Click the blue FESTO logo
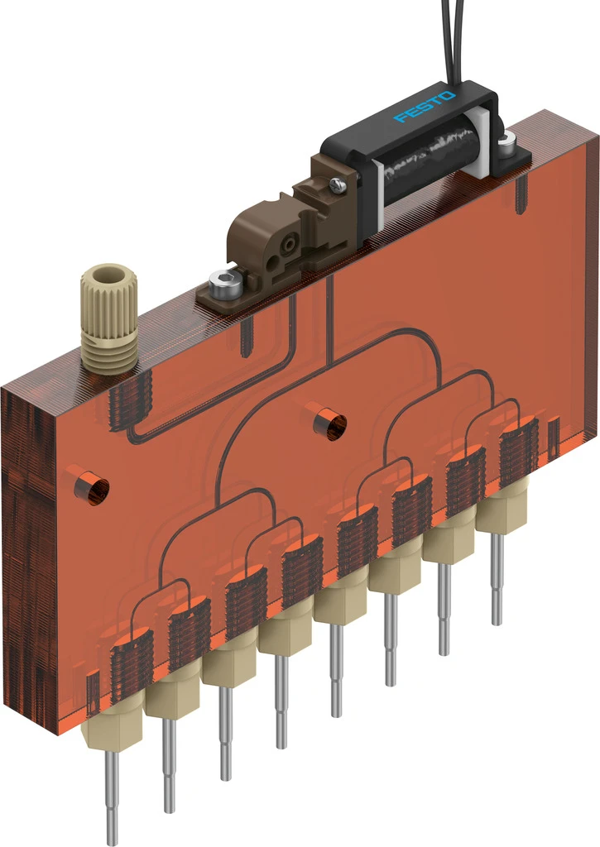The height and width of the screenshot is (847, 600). point(425,107)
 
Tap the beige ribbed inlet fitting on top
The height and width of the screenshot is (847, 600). point(109,318)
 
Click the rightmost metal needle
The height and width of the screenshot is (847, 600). point(497,579)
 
